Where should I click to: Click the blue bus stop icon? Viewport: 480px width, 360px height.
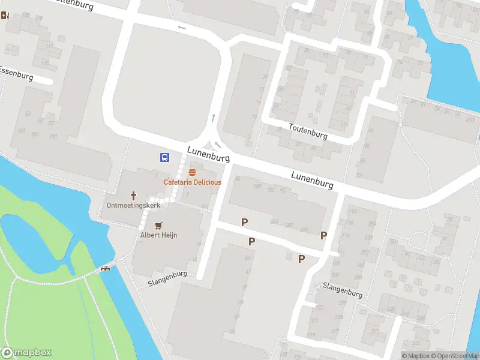click(x=164, y=157)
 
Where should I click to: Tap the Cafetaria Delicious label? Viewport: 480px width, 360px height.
click(x=193, y=182)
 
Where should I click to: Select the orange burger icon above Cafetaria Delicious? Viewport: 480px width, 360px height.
click(x=192, y=173)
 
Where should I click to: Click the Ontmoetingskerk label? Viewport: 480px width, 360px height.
click(x=133, y=206)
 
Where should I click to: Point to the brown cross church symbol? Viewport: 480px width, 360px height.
click(x=133, y=196)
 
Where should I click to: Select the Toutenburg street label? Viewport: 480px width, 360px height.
click(x=308, y=131)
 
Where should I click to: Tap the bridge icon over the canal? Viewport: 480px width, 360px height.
click(x=106, y=268)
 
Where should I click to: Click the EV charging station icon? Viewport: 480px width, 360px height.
click(x=5, y=15)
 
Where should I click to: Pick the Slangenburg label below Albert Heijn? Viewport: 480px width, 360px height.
click(x=167, y=279)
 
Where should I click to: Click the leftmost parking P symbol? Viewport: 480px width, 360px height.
click(x=244, y=222)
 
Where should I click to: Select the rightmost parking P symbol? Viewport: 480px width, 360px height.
click(x=324, y=235)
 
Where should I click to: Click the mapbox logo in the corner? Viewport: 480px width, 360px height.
click(x=26, y=353)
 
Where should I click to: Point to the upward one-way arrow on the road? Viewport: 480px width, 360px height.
click(x=214, y=118)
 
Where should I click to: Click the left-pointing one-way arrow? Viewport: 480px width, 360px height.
click(x=182, y=28)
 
